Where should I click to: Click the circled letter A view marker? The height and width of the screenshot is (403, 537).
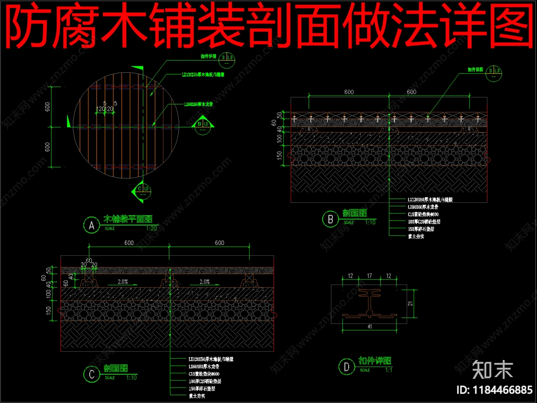point(91,225)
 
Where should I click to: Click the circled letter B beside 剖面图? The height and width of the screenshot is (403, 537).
point(330,219)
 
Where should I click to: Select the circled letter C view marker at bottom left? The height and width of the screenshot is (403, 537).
point(92,374)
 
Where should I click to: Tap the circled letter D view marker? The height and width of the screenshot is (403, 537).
point(347,367)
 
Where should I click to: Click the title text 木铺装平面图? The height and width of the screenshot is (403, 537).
point(128,219)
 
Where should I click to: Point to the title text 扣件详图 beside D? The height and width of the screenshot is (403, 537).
point(375,361)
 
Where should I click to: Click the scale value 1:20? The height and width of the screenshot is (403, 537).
point(151,228)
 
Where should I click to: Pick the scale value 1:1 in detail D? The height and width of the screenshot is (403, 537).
point(389,370)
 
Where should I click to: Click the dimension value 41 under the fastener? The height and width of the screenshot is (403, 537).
point(370,326)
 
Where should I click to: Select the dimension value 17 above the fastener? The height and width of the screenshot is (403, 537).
point(369,276)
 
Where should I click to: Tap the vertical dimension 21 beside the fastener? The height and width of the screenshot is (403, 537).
point(410,303)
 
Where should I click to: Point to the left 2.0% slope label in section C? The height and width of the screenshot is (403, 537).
point(123,282)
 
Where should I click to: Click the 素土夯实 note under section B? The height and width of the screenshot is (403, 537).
point(416,236)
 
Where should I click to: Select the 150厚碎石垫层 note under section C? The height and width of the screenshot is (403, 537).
point(202,389)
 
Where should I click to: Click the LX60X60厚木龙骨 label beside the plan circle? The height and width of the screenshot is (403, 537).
point(198,104)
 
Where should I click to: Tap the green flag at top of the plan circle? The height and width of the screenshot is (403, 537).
point(140,69)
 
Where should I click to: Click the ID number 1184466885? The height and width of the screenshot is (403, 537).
point(494,390)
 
